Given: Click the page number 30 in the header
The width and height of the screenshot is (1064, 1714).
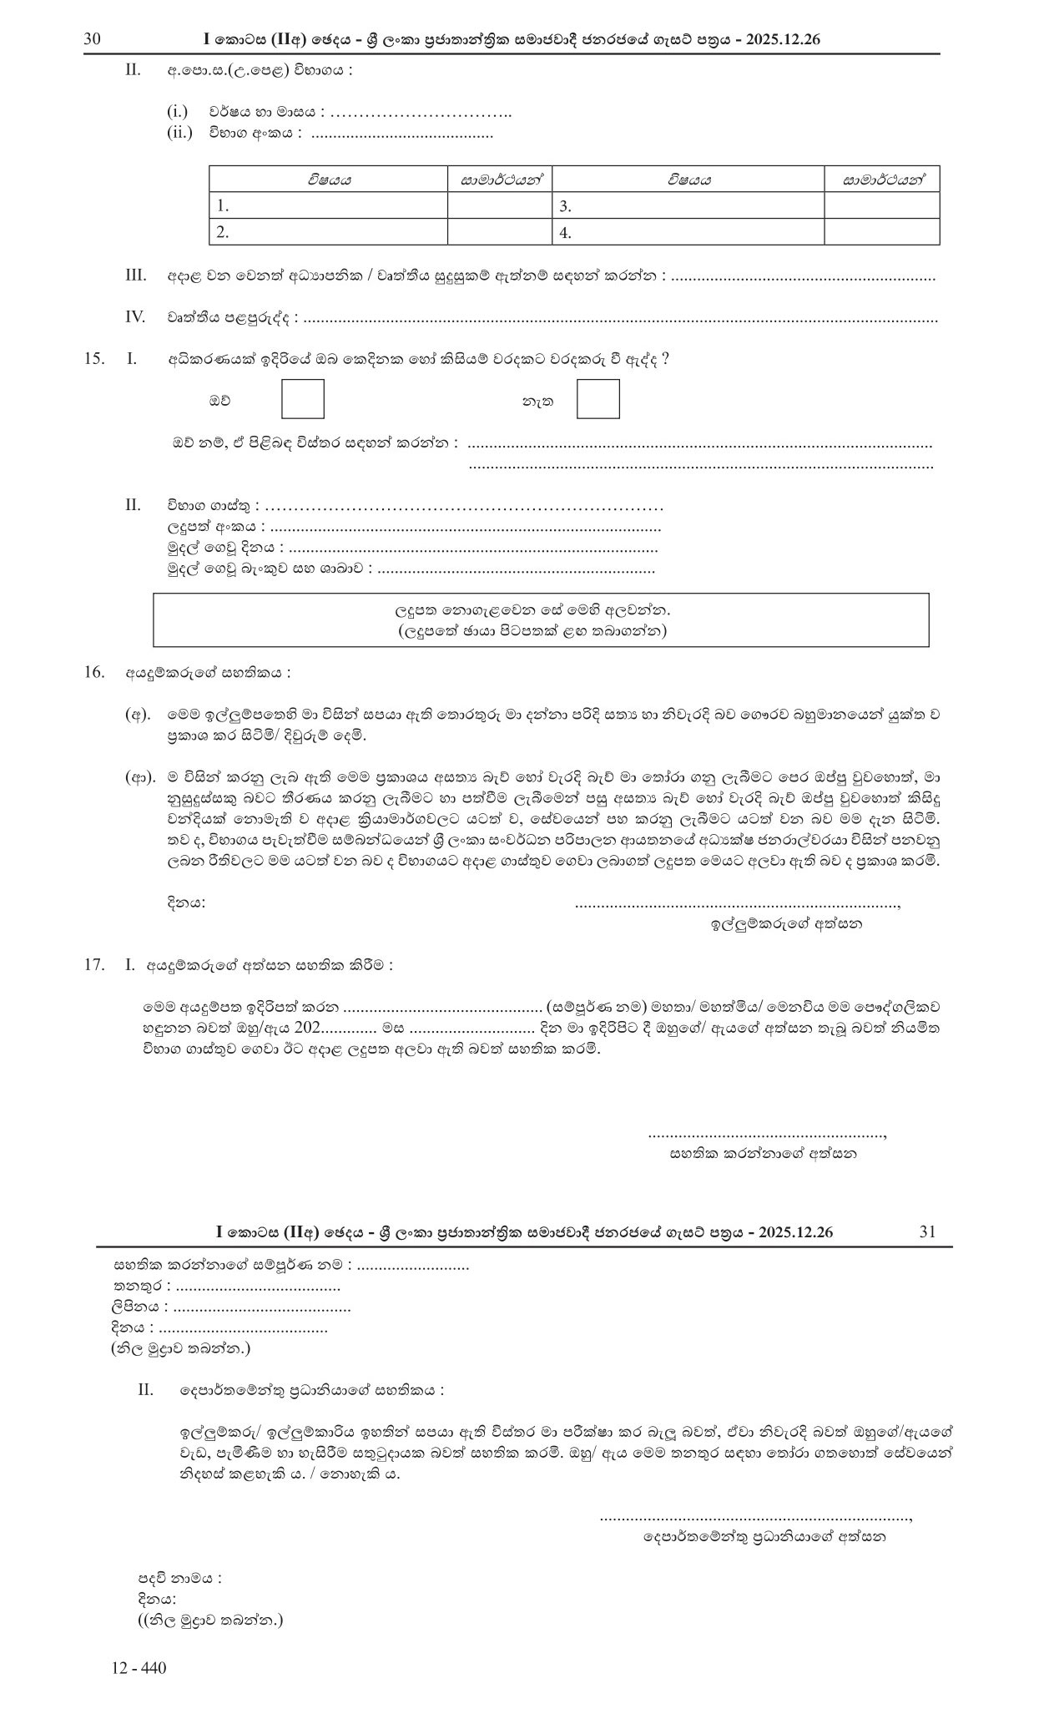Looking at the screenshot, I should click(x=93, y=39).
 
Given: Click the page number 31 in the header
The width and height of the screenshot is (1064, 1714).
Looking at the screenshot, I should click(x=927, y=1231).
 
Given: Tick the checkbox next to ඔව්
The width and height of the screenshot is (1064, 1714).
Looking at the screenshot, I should click(x=302, y=399).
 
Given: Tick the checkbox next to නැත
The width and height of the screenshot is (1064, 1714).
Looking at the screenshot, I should click(x=598, y=399).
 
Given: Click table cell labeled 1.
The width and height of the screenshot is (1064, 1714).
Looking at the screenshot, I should click(x=328, y=206).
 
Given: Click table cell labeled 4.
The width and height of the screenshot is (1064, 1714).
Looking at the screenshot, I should click(x=688, y=233).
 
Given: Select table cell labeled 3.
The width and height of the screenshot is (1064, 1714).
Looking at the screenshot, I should click(x=688, y=206).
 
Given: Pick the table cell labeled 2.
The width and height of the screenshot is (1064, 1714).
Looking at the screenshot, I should click(x=328, y=233).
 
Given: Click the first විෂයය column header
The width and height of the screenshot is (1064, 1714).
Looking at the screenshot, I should click(x=328, y=179).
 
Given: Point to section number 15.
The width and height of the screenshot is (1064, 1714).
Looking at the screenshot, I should click(x=93, y=359).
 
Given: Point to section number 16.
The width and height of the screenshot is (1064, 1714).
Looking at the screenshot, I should click(x=93, y=672).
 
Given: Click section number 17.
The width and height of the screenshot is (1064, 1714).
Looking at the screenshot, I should click(x=93, y=965).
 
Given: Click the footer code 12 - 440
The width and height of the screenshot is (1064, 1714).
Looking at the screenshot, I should click(x=139, y=1669).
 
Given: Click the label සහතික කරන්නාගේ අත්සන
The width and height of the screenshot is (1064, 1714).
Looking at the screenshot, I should click(x=763, y=1154).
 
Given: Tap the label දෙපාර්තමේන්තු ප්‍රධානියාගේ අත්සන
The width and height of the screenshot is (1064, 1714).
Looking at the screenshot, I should click(x=764, y=1535).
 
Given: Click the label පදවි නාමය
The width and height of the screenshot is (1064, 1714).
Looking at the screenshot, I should click(x=179, y=1579).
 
